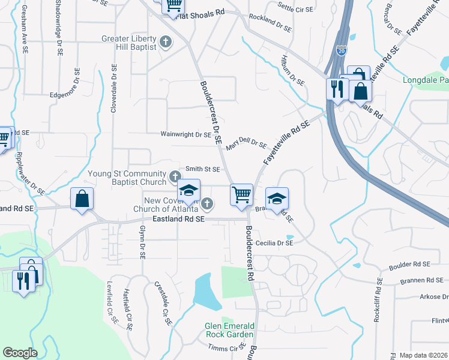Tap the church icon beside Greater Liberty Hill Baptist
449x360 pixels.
click(166, 43)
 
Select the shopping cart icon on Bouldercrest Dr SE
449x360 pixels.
click(241, 194)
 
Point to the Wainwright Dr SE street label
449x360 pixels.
click(186, 135)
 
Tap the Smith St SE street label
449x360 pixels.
click(202, 169)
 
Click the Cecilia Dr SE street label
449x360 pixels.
click(274, 243)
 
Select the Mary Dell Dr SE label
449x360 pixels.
click(246, 144)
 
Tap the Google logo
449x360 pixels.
click(20, 353)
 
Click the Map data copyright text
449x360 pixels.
click(424, 355)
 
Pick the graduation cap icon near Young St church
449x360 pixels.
click(189, 191)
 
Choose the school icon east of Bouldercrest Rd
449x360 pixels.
click(277, 199)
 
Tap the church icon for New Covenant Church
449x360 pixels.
click(206, 205)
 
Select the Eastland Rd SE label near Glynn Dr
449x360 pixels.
click(178, 220)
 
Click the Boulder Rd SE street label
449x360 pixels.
click(409, 264)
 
